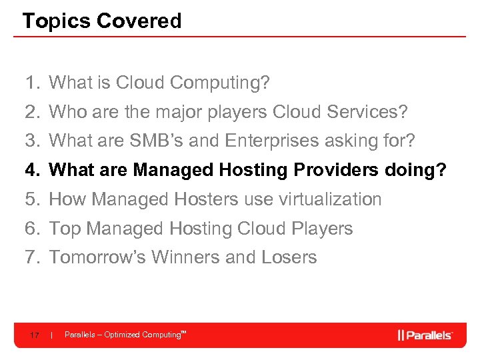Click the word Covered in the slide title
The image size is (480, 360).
pyautogui.click(x=139, y=21)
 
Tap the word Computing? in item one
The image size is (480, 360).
pyautogui.click(x=220, y=83)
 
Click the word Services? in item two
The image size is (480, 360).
pyautogui.click(x=367, y=112)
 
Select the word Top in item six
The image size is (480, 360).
pyautogui.click(x=65, y=229)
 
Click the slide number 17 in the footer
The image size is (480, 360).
pyautogui.click(x=33, y=335)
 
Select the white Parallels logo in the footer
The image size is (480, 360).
pyautogui.click(x=425, y=335)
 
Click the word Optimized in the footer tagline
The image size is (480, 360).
pyautogui.click(x=122, y=335)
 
